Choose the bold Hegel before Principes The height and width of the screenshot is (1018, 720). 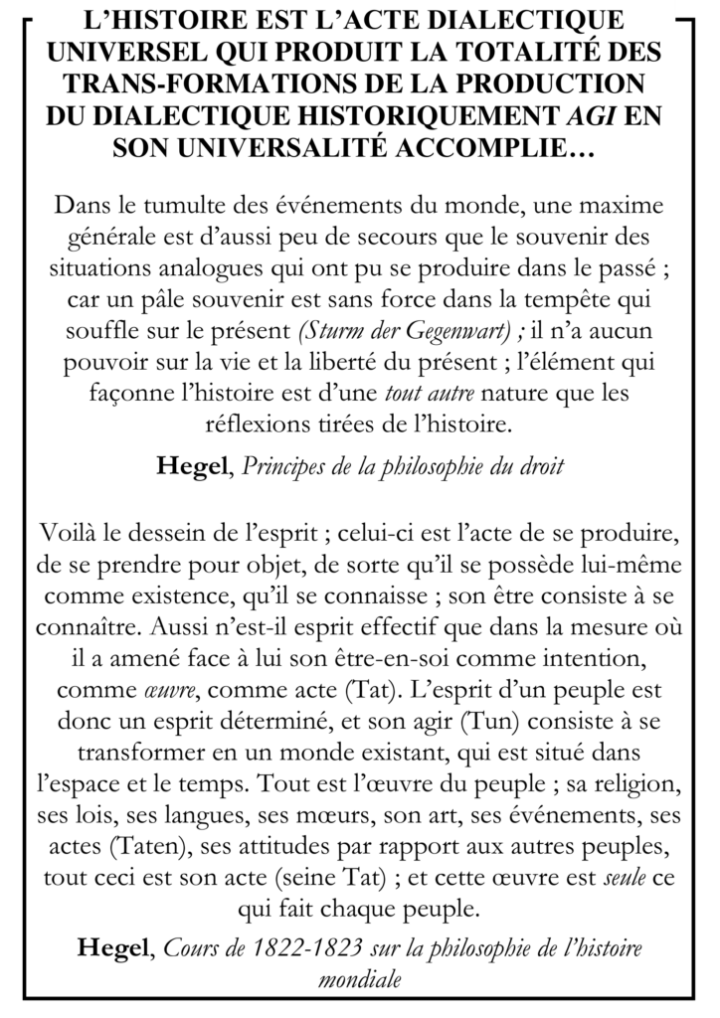click(x=193, y=468)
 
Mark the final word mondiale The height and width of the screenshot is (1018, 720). click(x=360, y=978)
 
